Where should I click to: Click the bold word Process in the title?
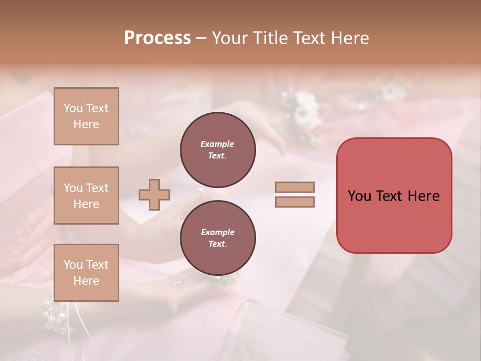click(x=157, y=38)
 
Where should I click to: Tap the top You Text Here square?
click(x=86, y=116)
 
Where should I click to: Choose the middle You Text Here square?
click(x=86, y=196)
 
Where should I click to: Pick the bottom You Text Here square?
click(x=86, y=272)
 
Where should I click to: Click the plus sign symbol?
click(x=154, y=195)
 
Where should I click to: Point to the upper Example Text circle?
click(x=217, y=150)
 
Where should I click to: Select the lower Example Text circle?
click(x=217, y=238)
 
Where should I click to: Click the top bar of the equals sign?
click(x=295, y=188)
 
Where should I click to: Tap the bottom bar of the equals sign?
click(x=295, y=202)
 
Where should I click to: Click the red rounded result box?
click(x=394, y=196)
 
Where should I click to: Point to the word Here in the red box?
click(x=423, y=196)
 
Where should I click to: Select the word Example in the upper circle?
click(x=217, y=144)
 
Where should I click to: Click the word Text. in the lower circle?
click(x=217, y=244)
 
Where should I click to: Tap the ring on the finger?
click(x=177, y=283)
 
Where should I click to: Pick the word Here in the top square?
click(x=86, y=124)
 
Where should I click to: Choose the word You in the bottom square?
click(x=73, y=265)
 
